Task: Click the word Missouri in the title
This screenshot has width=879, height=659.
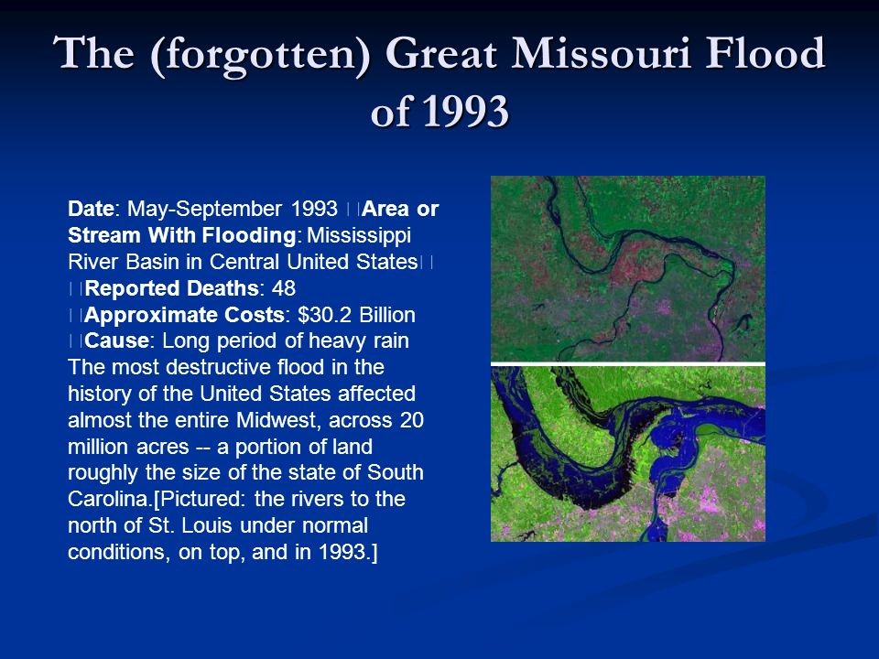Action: coord(601,53)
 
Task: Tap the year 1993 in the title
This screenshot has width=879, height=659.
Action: coord(465,111)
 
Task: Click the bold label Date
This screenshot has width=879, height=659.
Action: coord(91,209)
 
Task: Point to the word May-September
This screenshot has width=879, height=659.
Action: coord(204,210)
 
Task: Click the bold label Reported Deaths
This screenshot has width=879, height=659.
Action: coord(172,288)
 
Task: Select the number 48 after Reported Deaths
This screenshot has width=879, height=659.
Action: coord(284,288)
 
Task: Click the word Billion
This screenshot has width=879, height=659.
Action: coord(387,314)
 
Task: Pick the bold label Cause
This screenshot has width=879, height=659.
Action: coord(116,340)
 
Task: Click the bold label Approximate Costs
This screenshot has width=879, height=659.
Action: coord(184,315)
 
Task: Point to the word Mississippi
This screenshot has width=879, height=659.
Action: coord(359,236)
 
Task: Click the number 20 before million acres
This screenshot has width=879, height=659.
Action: coord(411,420)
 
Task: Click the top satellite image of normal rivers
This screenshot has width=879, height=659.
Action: coord(628,269)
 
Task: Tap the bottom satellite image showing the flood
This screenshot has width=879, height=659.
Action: coord(628,454)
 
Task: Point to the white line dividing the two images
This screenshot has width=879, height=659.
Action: coord(628,364)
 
